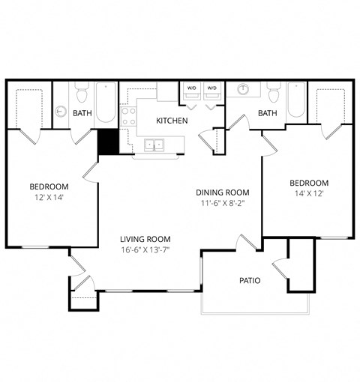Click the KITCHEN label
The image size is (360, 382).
pos(172,121)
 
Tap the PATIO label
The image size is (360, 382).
pos(250,281)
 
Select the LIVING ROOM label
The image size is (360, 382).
pos(145,239)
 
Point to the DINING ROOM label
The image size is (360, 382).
pos(223,192)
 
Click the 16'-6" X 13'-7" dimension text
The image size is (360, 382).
pos(145,250)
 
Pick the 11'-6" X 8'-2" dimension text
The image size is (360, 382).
pos(223,203)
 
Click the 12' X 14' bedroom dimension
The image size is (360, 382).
pos(49,198)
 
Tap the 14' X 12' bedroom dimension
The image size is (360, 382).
pos(309,193)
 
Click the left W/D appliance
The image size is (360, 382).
pos(192,91)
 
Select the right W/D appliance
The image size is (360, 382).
pos(212,91)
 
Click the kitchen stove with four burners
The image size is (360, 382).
pos(128,116)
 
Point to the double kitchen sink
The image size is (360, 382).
pos(154,145)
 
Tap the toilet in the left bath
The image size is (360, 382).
pos(82,92)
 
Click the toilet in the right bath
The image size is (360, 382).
pos(274,92)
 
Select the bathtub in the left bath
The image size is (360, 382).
pos(106,103)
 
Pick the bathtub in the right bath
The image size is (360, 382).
pos(296,100)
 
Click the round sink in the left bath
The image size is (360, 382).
pos(61,112)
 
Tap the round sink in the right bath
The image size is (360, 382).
pos(242,89)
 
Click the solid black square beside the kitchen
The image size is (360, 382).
pos(108,142)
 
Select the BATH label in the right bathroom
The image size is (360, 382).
pos(268,113)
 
